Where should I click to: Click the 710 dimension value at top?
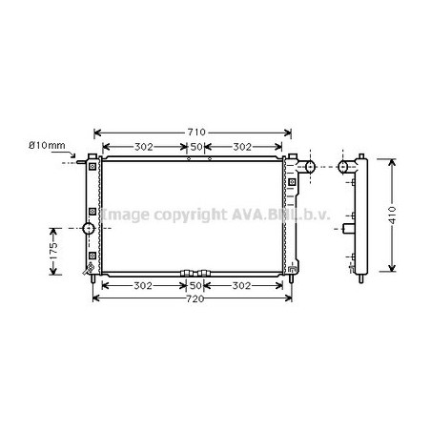[x=196, y=132]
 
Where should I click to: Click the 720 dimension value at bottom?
[x=195, y=298]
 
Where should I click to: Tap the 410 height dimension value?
[x=392, y=215]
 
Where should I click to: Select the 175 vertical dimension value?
[x=53, y=250]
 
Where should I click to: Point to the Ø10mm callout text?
[x=47, y=146]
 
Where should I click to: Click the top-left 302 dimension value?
[x=144, y=147]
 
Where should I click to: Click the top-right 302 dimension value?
[x=242, y=147]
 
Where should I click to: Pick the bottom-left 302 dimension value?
[x=143, y=286]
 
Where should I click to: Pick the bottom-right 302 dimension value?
[x=241, y=286]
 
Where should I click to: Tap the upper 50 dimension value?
[x=196, y=147]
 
